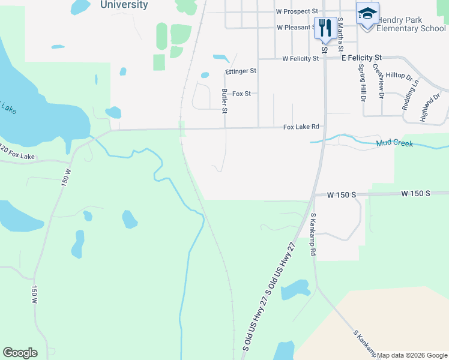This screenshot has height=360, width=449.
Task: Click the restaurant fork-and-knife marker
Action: (325, 28)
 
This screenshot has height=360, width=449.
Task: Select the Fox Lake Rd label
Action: (301, 127)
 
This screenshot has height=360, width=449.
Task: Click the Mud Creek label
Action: (395, 143)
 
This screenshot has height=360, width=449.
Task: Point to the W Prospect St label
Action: (297, 11)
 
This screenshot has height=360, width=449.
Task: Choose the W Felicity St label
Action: (301, 59)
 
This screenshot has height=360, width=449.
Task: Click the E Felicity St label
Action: (362, 59)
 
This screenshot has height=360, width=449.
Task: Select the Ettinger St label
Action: (241, 71)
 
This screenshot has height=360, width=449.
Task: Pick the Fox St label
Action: (241, 94)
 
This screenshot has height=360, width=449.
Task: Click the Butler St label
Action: (224, 101)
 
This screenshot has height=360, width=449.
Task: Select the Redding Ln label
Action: (411, 97)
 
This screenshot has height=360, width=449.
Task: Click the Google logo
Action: (20, 353)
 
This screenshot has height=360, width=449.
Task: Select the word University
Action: (124, 5)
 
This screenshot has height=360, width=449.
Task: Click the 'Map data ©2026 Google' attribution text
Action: (412, 355)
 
